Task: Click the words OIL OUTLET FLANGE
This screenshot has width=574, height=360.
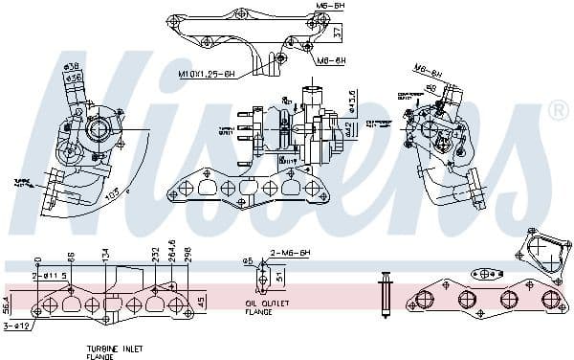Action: click(x=259, y=307)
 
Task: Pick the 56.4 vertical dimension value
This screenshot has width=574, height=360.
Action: click(x=8, y=304)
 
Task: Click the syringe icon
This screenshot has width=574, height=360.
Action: click(x=386, y=294)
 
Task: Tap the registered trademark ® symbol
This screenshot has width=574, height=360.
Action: click(x=556, y=112)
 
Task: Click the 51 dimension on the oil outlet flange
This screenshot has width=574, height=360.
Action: click(x=278, y=278)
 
